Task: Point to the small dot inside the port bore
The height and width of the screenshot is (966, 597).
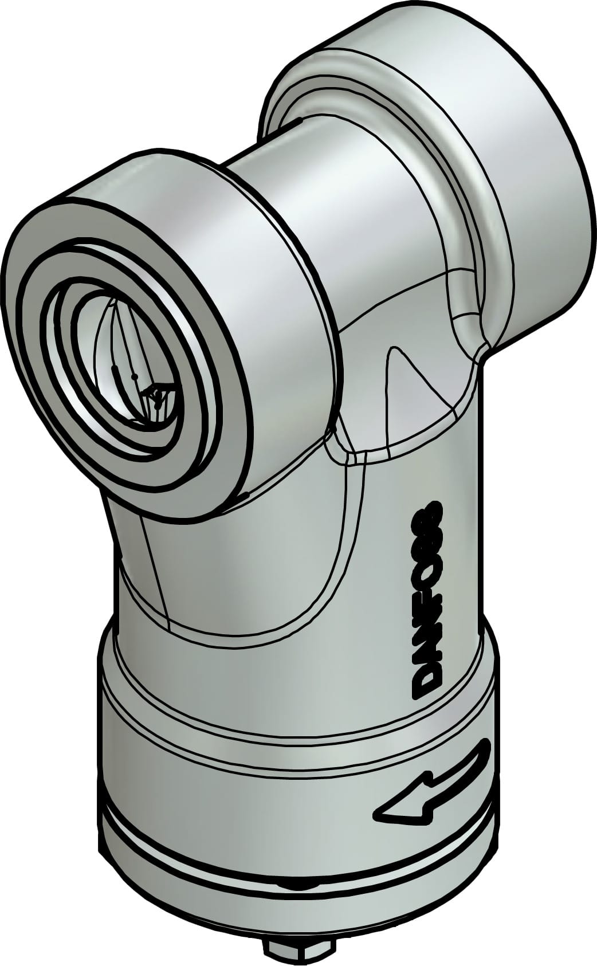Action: pos(134,376)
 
